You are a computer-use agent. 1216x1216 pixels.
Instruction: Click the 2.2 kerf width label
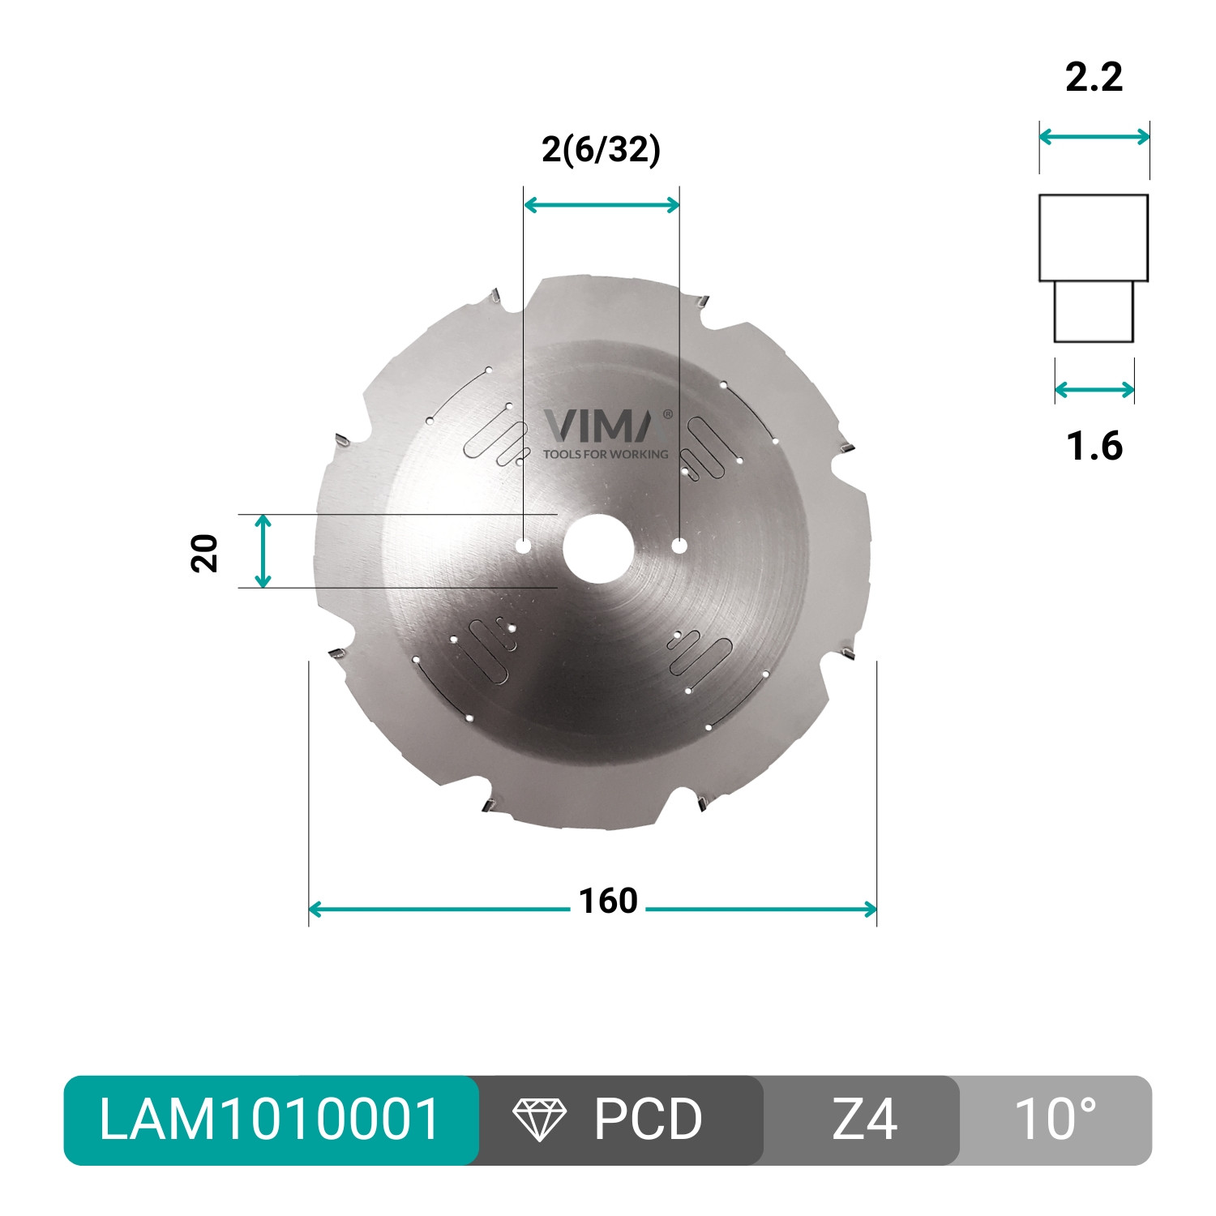tap(1094, 77)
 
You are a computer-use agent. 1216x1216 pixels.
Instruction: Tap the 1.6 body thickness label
tap(1094, 446)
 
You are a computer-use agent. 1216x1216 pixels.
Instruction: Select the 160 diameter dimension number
tap(608, 901)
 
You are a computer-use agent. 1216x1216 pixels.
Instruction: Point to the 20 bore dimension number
tap(205, 554)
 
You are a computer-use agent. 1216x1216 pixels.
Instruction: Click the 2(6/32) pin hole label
tap(602, 150)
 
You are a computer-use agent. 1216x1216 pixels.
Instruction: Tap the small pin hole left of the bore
tap(524, 546)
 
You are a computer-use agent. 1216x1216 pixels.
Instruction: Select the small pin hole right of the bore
tap(679, 546)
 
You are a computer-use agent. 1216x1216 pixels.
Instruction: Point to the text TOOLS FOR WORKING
tap(606, 454)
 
